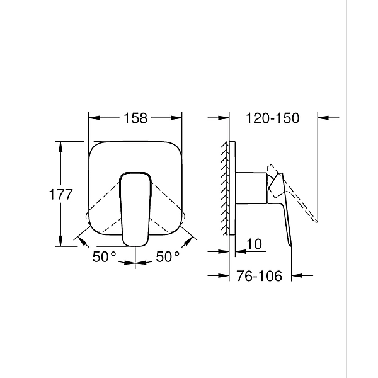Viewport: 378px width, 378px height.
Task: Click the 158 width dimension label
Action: (135, 117)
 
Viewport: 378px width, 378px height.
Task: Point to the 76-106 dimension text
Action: (259, 275)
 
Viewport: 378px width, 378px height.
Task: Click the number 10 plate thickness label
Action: (255, 243)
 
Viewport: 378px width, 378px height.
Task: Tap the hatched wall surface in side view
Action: (224, 189)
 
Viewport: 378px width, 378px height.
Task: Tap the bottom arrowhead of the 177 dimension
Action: (60, 243)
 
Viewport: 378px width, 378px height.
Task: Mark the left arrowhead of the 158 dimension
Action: (93, 117)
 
